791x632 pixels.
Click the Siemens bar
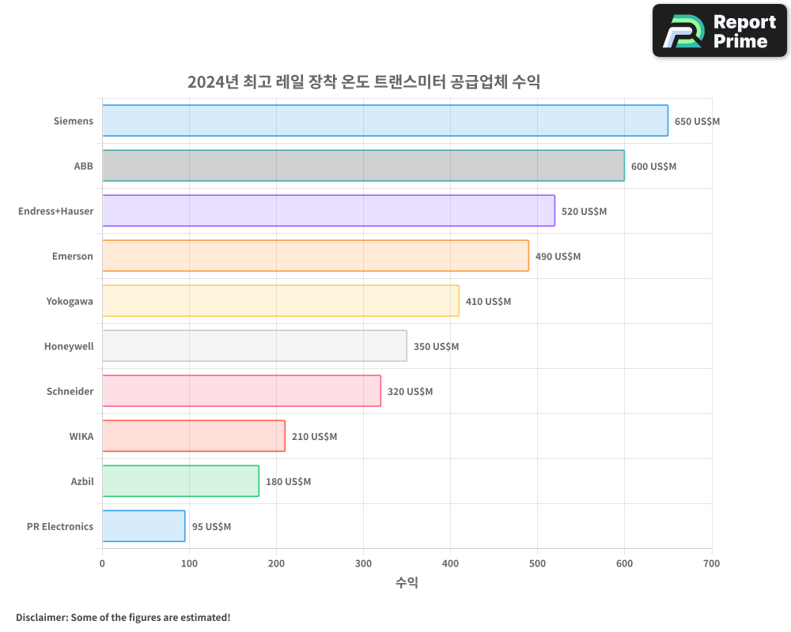point(384,121)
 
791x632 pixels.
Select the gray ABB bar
point(363,166)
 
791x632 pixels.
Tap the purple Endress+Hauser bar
point(328,211)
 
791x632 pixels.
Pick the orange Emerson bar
point(315,256)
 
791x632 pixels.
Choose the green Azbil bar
point(180,481)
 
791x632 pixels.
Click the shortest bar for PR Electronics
point(143,526)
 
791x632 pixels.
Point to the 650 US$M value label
point(697,122)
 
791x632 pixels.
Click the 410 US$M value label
point(488,302)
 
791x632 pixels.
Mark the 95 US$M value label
point(211,527)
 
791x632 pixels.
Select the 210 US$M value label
point(314,437)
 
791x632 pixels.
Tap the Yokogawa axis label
point(70,301)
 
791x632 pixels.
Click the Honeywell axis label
point(69,346)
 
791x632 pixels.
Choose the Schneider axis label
point(70,391)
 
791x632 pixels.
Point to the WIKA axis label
point(81,436)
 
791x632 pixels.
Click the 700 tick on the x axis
point(711,563)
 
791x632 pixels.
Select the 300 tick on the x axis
point(363,563)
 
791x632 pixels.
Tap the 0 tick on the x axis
point(102,563)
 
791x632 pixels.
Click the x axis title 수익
point(407,583)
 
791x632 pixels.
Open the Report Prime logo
point(719,31)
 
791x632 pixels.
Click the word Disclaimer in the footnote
point(41,617)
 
